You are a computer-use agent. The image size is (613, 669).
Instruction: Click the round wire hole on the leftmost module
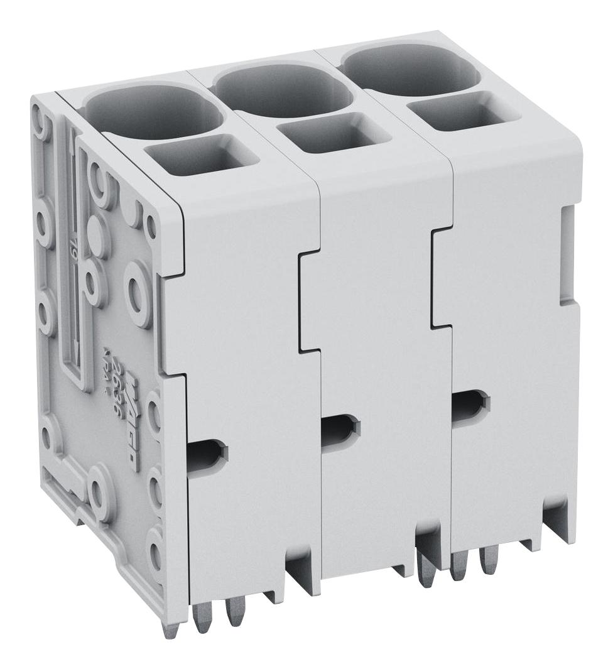tap(149, 113)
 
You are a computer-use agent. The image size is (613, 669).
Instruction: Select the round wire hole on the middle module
tap(283, 94)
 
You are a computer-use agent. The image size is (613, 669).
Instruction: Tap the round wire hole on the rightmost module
tap(411, 72)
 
